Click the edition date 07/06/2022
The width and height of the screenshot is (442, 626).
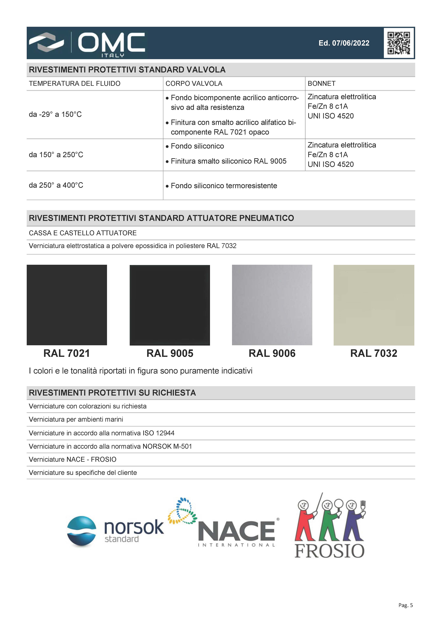tap(344, 43)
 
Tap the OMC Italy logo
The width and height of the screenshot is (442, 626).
tap(87, 44)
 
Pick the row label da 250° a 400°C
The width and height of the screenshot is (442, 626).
tap(56, 185)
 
